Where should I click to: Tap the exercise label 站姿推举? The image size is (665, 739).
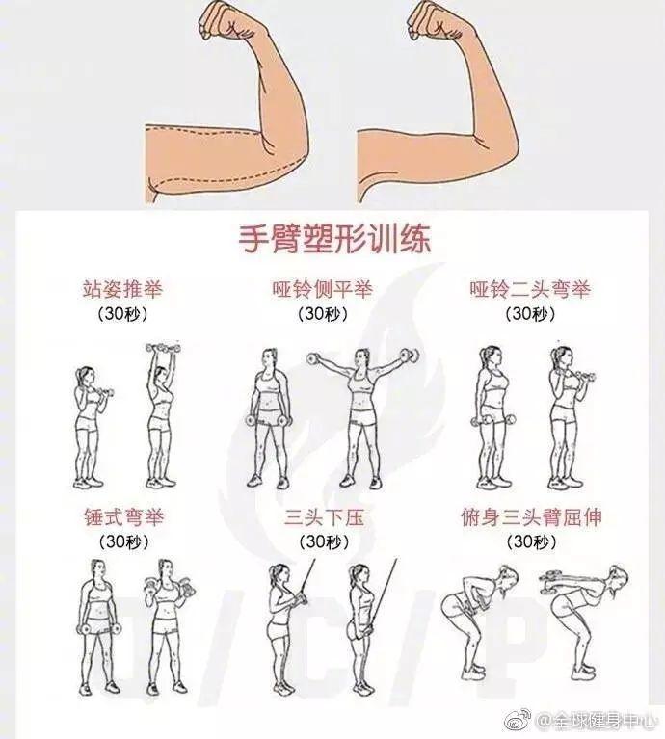pos(122,289)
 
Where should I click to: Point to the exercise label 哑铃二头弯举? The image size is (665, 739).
pos(529,289)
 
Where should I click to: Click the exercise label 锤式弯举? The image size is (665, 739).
pos(124,517)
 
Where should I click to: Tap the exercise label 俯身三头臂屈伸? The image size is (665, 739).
pos(531,517)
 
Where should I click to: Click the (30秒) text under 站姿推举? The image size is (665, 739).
pos(123,314)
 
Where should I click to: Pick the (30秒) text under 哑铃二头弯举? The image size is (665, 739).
pos(529,314)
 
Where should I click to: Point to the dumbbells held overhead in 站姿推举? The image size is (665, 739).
pos(161,348)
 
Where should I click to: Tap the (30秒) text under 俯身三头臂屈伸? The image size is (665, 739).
pos(529,542)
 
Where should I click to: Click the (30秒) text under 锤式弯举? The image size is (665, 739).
pos(123,542)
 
